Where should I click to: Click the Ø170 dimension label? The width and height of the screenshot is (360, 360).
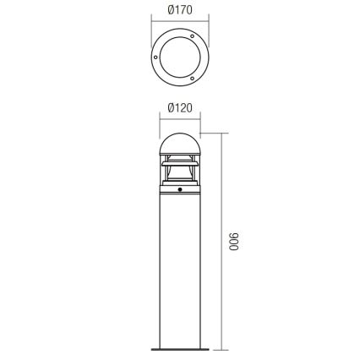coord(180,10)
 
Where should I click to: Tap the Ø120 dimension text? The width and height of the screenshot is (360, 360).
coord(180,108)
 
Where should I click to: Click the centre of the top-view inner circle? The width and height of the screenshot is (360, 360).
coord(179,57)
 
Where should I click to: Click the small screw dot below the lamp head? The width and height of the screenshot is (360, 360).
coord(179,192)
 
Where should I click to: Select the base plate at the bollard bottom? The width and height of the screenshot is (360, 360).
coord(179,348)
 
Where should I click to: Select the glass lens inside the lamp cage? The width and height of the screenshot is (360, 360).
coord(179,173)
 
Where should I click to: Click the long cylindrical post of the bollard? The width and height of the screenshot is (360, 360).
coord(179,270)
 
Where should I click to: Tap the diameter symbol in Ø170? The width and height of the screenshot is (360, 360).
coord(171,10)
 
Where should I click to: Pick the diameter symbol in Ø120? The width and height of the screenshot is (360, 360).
coord(171,108)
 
